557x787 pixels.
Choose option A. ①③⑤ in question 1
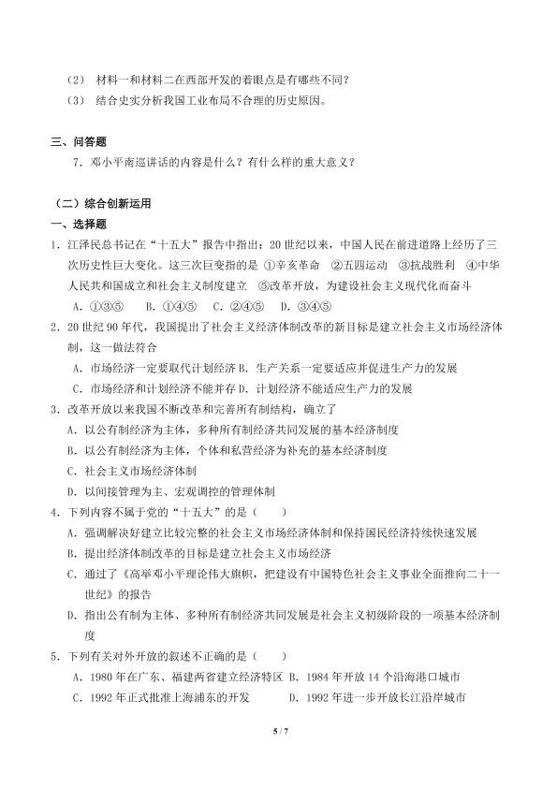pos(97,305)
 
